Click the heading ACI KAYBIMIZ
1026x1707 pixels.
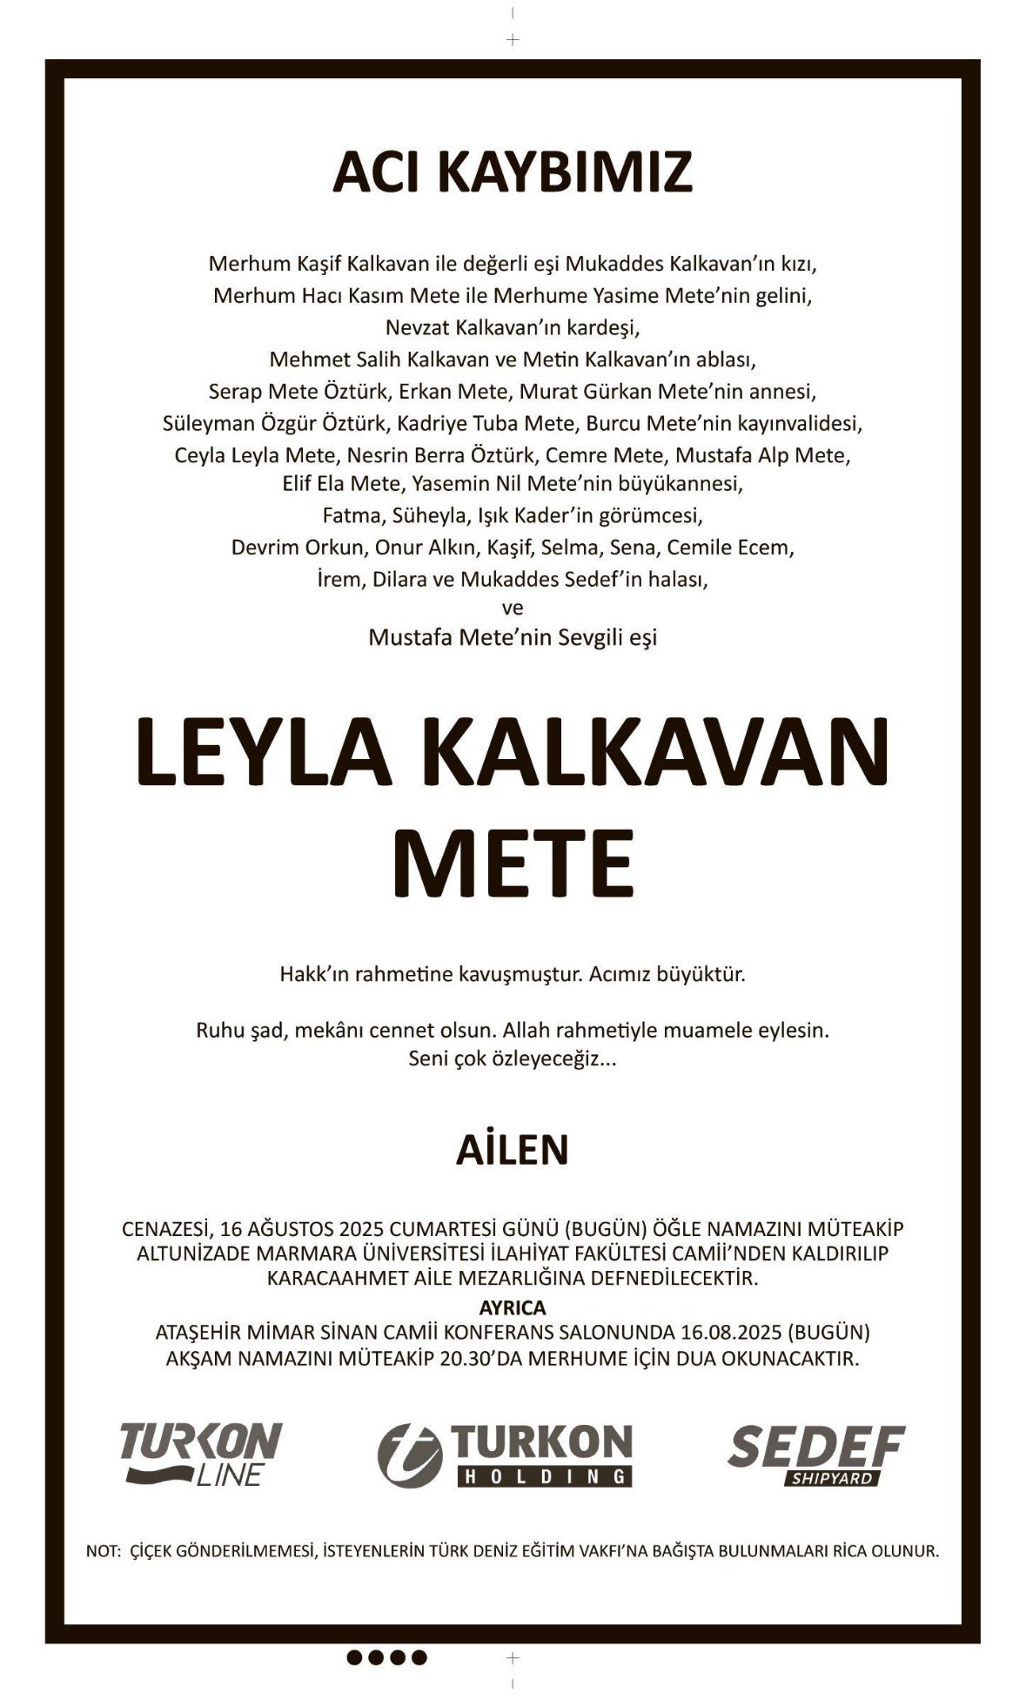513,172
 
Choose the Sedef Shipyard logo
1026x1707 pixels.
815,1454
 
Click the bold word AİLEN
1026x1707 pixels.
513,1149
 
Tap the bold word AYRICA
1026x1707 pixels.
513,1307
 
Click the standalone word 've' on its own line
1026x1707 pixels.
513,608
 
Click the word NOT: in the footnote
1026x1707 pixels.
103,1550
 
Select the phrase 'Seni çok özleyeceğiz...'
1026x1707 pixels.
513,1059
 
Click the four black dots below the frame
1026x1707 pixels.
387,1657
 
